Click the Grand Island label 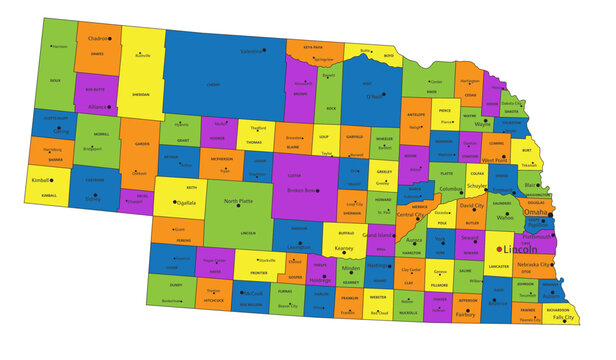pyautogui.click(x=377, y=236)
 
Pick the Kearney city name pyautogui.click(x=344, y=247)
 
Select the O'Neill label pyautogui.click(x=374, y=97)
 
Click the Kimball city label pyautogui.click(x=40, y=181)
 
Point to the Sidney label pyautogui.click(x=93, y=199)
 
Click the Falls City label pyautogui.click(x=565, y=317)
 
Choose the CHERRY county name pyautogui.click(x=212, y=84)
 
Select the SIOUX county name pyautogui.click(x=55, y=79)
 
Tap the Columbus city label pyautogui.click(x=451, y=188)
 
